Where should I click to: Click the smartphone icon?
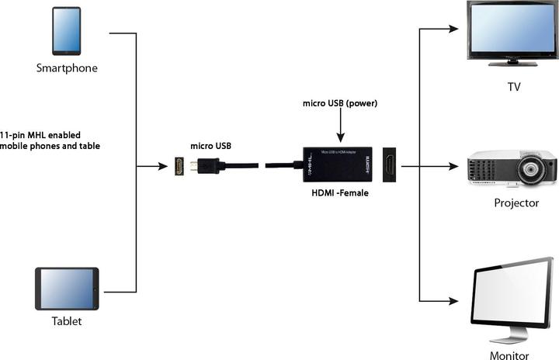point(67,31)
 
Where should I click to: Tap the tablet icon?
point(68,289)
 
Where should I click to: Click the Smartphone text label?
point(67,68)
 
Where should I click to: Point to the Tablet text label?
point(66,320)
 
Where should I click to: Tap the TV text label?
point(514,87)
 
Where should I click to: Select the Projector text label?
point(516,203)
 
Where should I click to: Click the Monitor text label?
point(509,355)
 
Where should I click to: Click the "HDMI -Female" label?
point(339,193)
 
